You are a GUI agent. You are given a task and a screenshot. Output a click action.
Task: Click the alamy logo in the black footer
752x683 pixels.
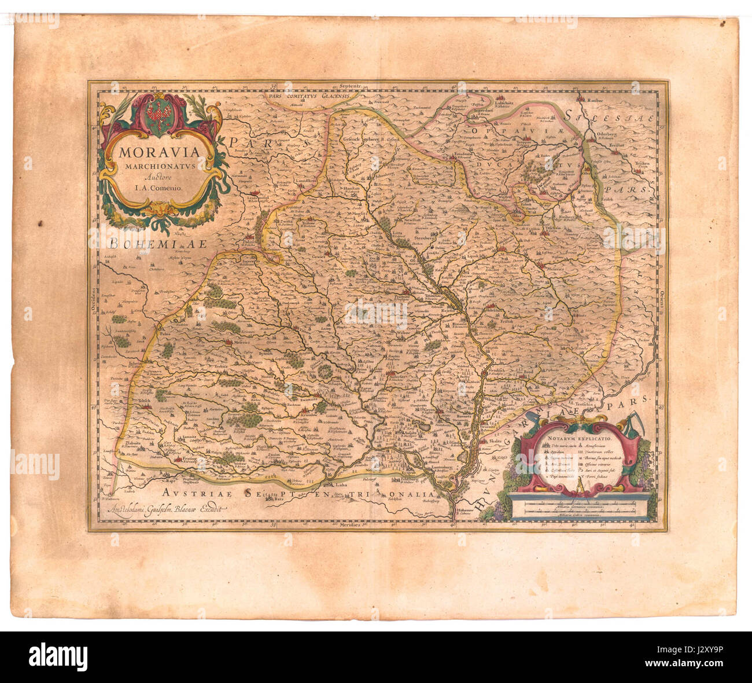click(58, 657)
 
